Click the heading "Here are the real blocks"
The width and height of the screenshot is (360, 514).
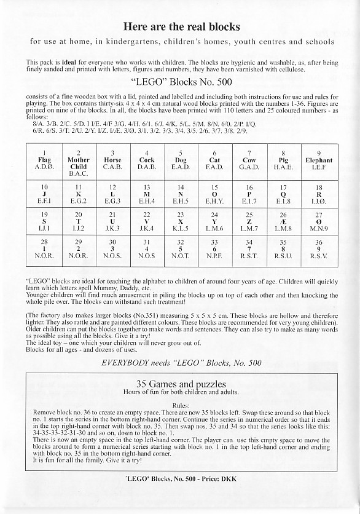coord(181,26)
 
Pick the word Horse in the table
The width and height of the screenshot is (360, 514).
coord(112,160)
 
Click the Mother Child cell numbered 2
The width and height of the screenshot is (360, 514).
coord(78,163)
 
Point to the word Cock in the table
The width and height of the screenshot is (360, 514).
coord(146,160)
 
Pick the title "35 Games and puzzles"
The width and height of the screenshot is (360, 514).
coord(181,384)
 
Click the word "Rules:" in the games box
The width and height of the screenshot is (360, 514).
coord(181,405)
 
